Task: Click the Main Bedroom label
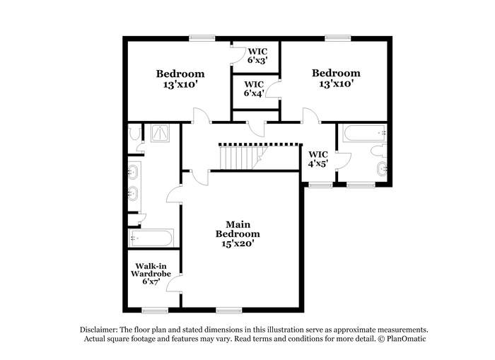238,229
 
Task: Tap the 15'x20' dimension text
238,243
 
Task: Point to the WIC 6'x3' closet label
257,56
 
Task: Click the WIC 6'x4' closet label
254,88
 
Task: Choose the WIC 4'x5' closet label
318,159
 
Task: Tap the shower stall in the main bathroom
160,133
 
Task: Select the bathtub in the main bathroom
151,238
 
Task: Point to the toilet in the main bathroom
135,133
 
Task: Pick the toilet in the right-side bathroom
378,151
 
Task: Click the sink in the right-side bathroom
382,169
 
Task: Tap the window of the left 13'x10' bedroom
202,38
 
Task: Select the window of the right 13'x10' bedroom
338,38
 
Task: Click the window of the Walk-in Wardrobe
155,310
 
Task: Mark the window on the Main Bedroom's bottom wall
229,310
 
